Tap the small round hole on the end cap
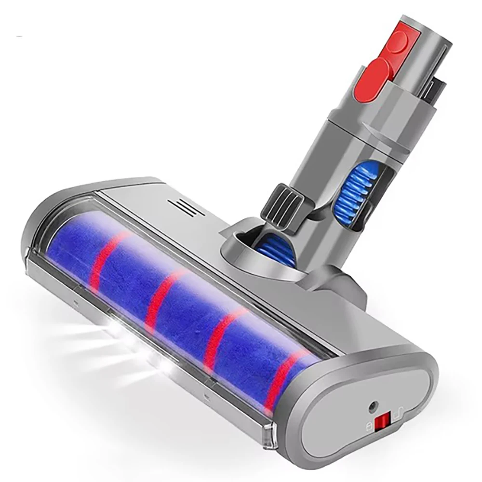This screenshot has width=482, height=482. coord(372,406)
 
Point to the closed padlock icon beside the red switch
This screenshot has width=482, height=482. coord(369,426)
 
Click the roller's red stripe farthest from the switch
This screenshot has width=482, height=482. coord(104,255)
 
